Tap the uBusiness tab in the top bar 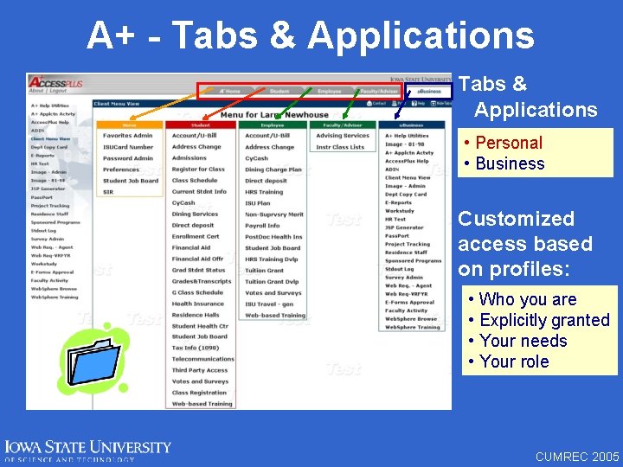(x=429, y=91)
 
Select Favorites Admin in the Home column (x=127, y=136)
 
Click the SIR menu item (x=108, y=192)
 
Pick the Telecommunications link (x=203, y=359)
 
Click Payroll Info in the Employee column (x=262, y=226)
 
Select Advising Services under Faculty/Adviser (x=343, y=136)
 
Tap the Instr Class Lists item (x=340, y=147)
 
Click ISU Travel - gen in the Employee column (x=269, y=304)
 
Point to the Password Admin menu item (x=127, y=158)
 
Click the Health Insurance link (x=197, y=304)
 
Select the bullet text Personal (x=509, y=143)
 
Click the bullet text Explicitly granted (x=544, y=320)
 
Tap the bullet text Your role (x=514, y=361)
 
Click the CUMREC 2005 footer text (x=577, y=456)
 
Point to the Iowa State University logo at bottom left (x=87, y=449)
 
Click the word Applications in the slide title (x=421, y=35)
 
